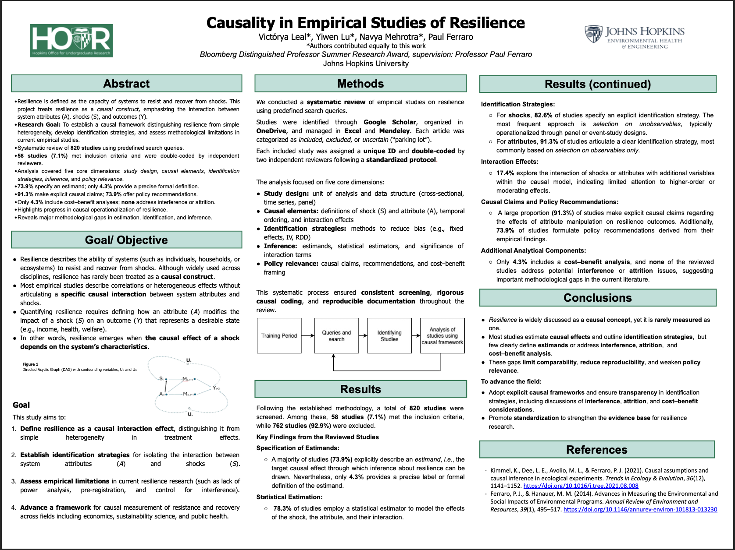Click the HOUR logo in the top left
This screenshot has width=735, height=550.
coord(71,41)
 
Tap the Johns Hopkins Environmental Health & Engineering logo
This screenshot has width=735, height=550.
coord(635,37)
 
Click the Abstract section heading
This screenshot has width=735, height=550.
coord(126,84)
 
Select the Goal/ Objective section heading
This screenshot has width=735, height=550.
coord(126,240)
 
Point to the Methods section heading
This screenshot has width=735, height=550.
coord(360,84)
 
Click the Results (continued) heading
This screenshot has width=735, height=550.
coord(598,84)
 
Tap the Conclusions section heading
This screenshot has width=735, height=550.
coord(598,298)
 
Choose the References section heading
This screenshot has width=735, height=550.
coord(597,450)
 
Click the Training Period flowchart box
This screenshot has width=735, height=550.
coord(279,336)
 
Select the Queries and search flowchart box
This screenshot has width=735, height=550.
coord(336,336)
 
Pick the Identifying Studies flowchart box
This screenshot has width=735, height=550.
coord(389,336)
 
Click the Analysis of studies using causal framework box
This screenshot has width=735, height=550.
coord(442,336)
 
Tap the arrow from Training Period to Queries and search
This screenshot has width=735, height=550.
coord(308,336)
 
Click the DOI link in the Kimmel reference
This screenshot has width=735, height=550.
coord(581,486)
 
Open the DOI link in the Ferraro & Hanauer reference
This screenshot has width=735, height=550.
coord(640,509)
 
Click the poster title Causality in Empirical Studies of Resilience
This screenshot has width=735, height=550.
coord(366,23)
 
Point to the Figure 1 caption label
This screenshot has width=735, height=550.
coord(31,364)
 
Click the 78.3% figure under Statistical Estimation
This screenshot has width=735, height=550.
coord(282,508)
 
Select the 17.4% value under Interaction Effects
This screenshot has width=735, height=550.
coord(505,173)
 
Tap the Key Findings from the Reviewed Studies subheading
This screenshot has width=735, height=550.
coord(318,437)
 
